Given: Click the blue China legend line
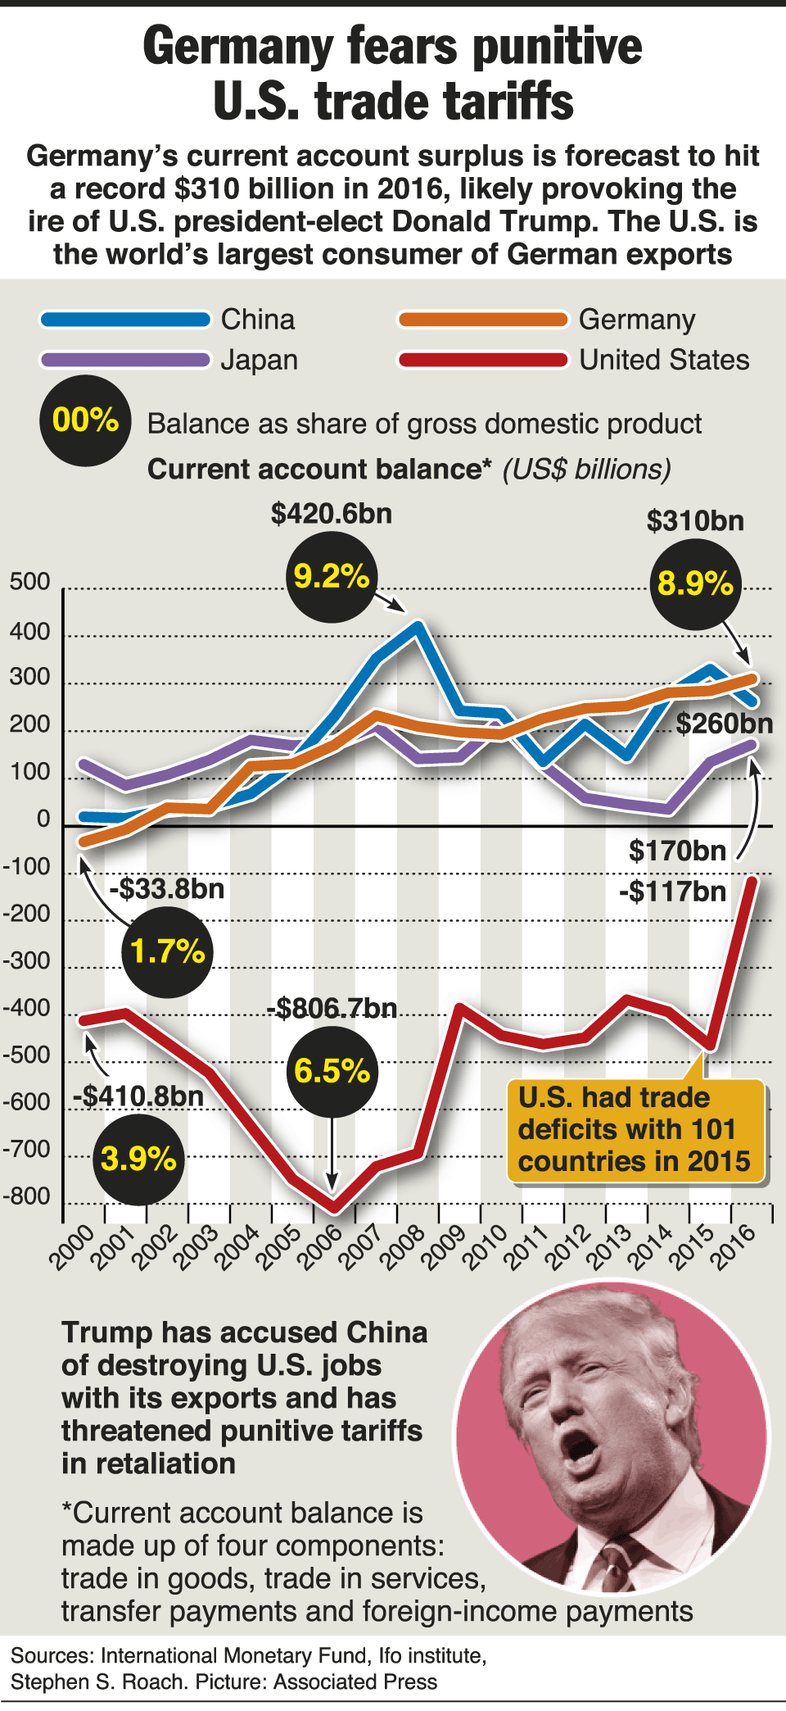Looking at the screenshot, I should (x=125, y=320).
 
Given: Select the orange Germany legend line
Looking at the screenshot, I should (x=483, y=320).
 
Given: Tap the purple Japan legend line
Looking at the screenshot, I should (x=125, y=360).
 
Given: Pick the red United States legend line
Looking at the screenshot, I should (x=483, y=360).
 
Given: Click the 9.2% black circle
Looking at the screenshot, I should (x=332, y=577).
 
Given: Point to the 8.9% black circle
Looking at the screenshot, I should (x=695, y=584).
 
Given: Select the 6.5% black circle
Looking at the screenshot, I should (x=332, y=1071).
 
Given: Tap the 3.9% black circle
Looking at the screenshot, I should (x=138, y=1159).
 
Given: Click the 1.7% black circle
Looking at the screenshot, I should (x=167, y=951).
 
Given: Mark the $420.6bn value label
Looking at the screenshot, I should (x=332, y=514).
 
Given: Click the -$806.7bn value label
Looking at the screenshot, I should (x=332, y=1008).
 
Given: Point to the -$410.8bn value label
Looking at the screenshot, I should (x=138, y=1096).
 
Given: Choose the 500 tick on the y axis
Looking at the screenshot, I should (x=29, y=582).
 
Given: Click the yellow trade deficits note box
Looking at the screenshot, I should (x=635, y=1130).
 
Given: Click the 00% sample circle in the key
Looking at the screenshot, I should (x=85, y=420).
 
